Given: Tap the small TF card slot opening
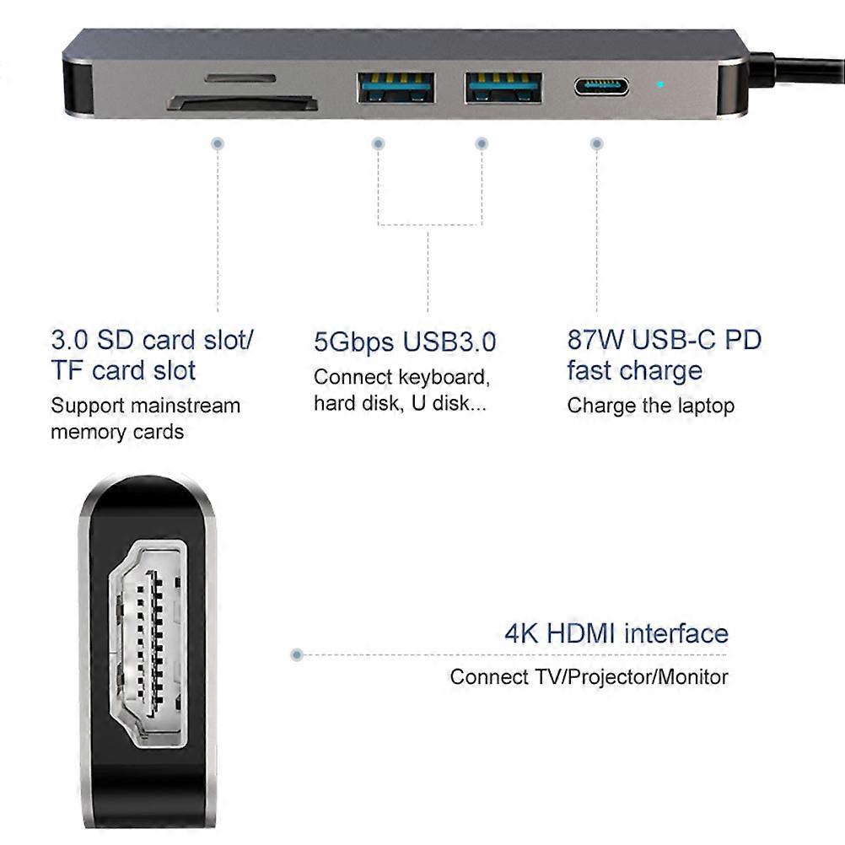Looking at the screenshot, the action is pyautogui.click(x=240, y=78).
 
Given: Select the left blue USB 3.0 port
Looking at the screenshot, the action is pyautogui.click(x=396, y=88).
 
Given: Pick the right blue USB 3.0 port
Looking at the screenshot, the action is pyautogui.click(x=503, y=88).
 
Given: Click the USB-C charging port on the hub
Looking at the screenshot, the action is pyautogui.click(x=601, y=86).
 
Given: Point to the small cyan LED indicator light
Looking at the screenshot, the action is pyautogui.click(x=660, y=84).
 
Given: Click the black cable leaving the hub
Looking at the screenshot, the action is pyautogui.click(x=798, y=68).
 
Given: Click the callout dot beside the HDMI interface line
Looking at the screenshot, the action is pyautogui.click(x=296, y=654).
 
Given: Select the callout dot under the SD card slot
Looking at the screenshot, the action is pyautogui.click(x=218, y=143).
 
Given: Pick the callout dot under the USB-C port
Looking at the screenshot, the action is pyautogui.click(x=596, y=143).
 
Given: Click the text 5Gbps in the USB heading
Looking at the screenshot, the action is pyautogui.click(x=354, y=342).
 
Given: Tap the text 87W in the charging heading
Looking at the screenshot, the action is pyautogui.click(x=595, y=340).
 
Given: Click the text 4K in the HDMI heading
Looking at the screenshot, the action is pyautogui.click(x=521, y=633).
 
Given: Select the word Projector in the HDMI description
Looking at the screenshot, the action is pyautogui.click(x=610, y=678).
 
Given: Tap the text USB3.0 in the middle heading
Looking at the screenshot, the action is pyautogui.click(x=449, y=342).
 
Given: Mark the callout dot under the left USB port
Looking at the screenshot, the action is pyautogui.click(x=379, y=143).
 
